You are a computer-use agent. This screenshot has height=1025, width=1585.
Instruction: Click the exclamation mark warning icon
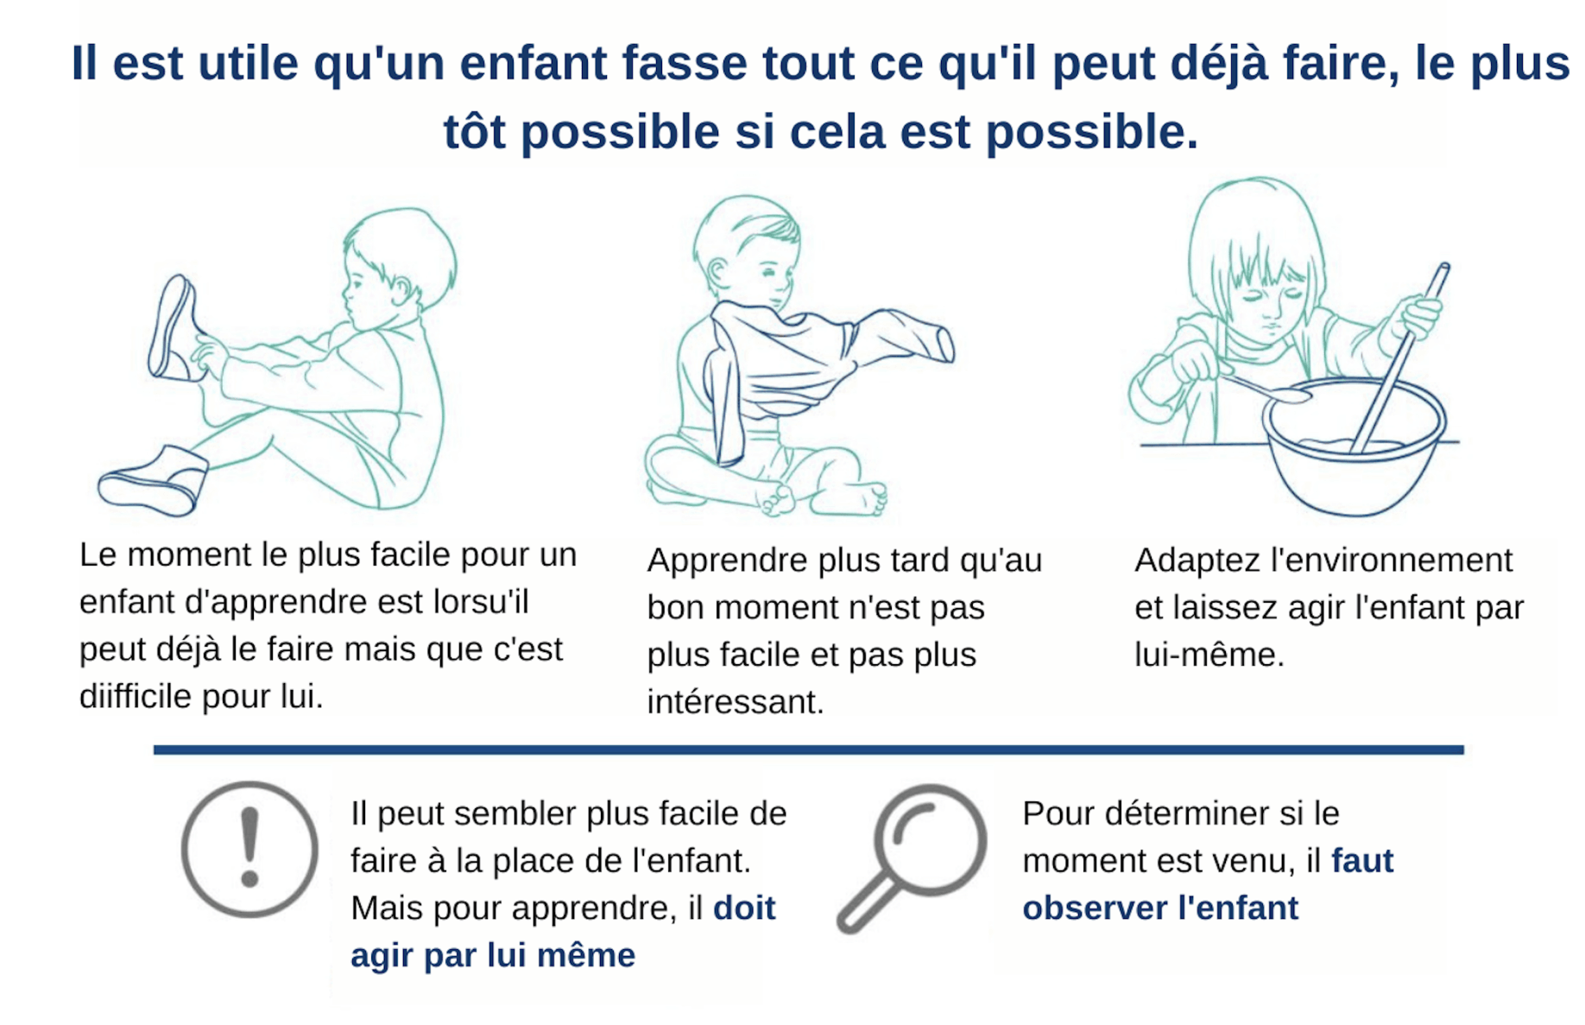pos(249,848)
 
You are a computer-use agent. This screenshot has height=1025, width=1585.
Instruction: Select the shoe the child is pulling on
pos(176,329)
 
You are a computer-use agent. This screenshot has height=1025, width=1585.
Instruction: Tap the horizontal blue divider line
pos(808,750)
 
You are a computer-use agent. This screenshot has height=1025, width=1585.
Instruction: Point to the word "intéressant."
pos(736,702)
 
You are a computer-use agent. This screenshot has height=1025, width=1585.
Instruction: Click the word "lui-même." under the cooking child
pos(1209,655)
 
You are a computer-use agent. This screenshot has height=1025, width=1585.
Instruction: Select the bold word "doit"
pos(744,908)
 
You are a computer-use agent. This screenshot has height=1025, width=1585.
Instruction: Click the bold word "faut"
pos(1362,861)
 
